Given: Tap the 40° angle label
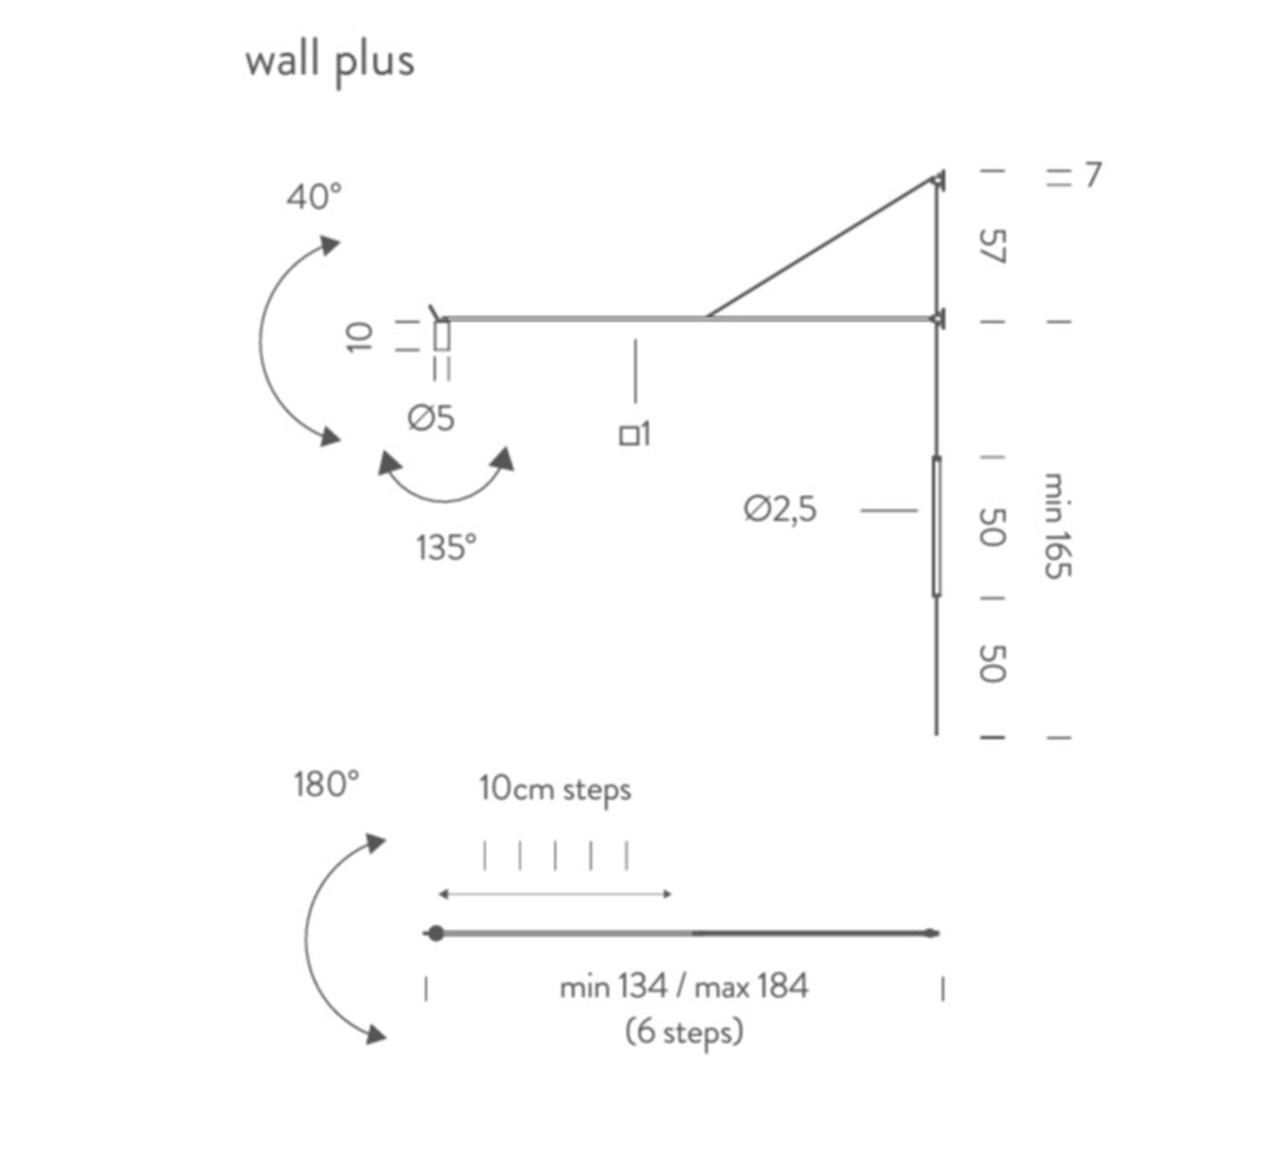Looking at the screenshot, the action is pos(313,198).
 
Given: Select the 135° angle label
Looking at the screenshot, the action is pos(446,547).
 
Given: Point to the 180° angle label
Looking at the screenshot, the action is pos(327,784).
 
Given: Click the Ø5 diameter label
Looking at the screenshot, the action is pos(431,418).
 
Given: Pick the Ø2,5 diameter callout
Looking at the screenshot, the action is pos(780,509).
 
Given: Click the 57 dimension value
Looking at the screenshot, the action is pos(992,246).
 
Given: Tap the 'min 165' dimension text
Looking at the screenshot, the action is pos(1057,526).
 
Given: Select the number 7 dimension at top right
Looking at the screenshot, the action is pos(1092,175).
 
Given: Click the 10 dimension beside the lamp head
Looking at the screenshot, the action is pos(359,337).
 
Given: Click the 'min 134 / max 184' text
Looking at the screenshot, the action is pos(684,987).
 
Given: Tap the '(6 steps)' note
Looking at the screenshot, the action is pos(684,1032).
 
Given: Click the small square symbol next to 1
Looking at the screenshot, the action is pos(628,436).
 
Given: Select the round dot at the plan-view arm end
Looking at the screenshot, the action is pos(437,934).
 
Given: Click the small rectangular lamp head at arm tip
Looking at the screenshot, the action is pos(442,336).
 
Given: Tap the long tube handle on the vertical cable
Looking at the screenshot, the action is pos(936,526).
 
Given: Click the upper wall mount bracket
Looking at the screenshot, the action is pos(938,179).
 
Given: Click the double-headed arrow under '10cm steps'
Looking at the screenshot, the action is pos(555,894).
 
